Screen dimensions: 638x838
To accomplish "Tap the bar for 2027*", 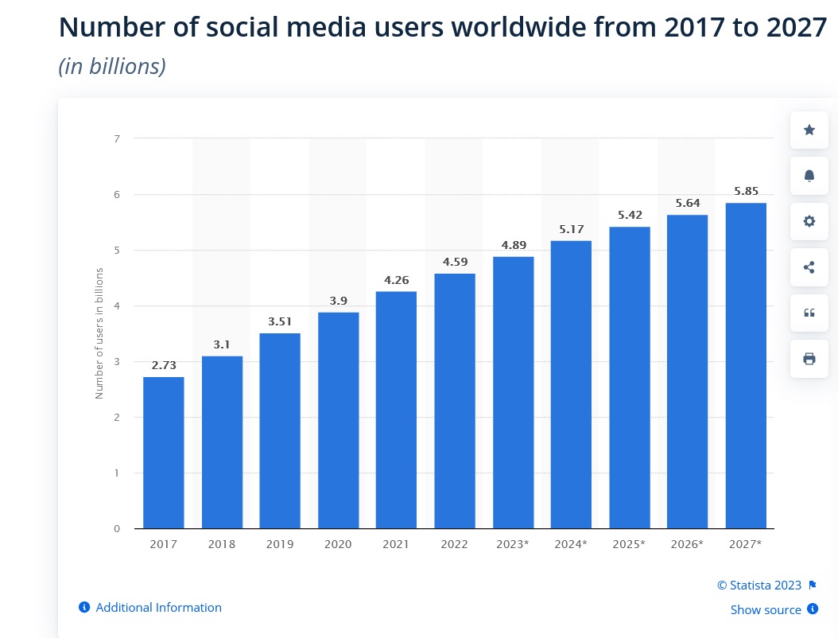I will (x=746, y=365).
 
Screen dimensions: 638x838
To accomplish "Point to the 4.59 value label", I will (x=455, y=262).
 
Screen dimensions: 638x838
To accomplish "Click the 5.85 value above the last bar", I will (x=746, y=191).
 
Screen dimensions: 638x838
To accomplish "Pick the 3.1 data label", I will (x=222, y=344).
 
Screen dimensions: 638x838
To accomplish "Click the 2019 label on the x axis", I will (x=280, y=544).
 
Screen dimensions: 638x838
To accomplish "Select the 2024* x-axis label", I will (x=571, y=544).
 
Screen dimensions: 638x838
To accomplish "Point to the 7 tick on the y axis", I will (x=117, y=138).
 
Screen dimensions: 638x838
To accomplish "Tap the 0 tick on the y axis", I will (x=117, y=528).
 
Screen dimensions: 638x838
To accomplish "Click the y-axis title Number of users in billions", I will (x=99, y=333).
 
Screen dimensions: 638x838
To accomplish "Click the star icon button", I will (x=809, y=130).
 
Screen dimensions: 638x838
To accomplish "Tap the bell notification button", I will (x=809, y=175).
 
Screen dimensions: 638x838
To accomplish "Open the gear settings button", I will (x=809, y=221).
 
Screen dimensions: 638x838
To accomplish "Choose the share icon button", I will (x=809, y=267).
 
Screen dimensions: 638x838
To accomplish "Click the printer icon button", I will (x=809, y=359).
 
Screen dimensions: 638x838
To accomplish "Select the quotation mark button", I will (x=809, y=313).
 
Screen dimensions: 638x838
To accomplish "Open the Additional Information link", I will (x=158, y=608).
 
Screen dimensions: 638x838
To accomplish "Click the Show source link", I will (x=766, y=610).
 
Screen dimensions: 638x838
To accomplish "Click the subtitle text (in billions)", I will (x=112, y=67).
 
